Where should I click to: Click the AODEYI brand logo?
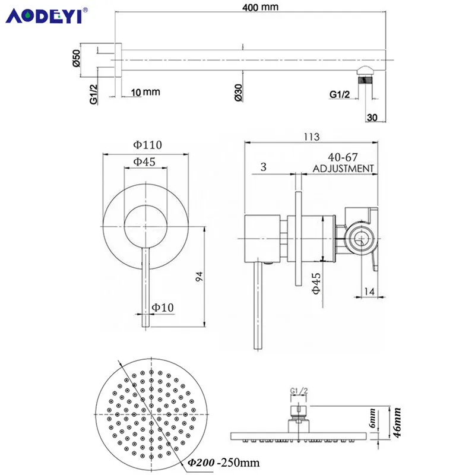tap(46, 15)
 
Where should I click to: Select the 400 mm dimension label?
tap(260, 7)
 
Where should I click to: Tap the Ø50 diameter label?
tap(77, 58)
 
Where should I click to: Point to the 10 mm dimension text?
tap(145, 92)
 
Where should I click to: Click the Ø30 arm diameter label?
tap(239, 93)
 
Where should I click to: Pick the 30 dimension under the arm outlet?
tap(372, 117)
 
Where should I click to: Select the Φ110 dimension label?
tap(147, 145)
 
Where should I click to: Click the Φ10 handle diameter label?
tap(163, 308)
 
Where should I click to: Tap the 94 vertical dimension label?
tap(199, 276)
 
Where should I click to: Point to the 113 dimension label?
tap(312, 137)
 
